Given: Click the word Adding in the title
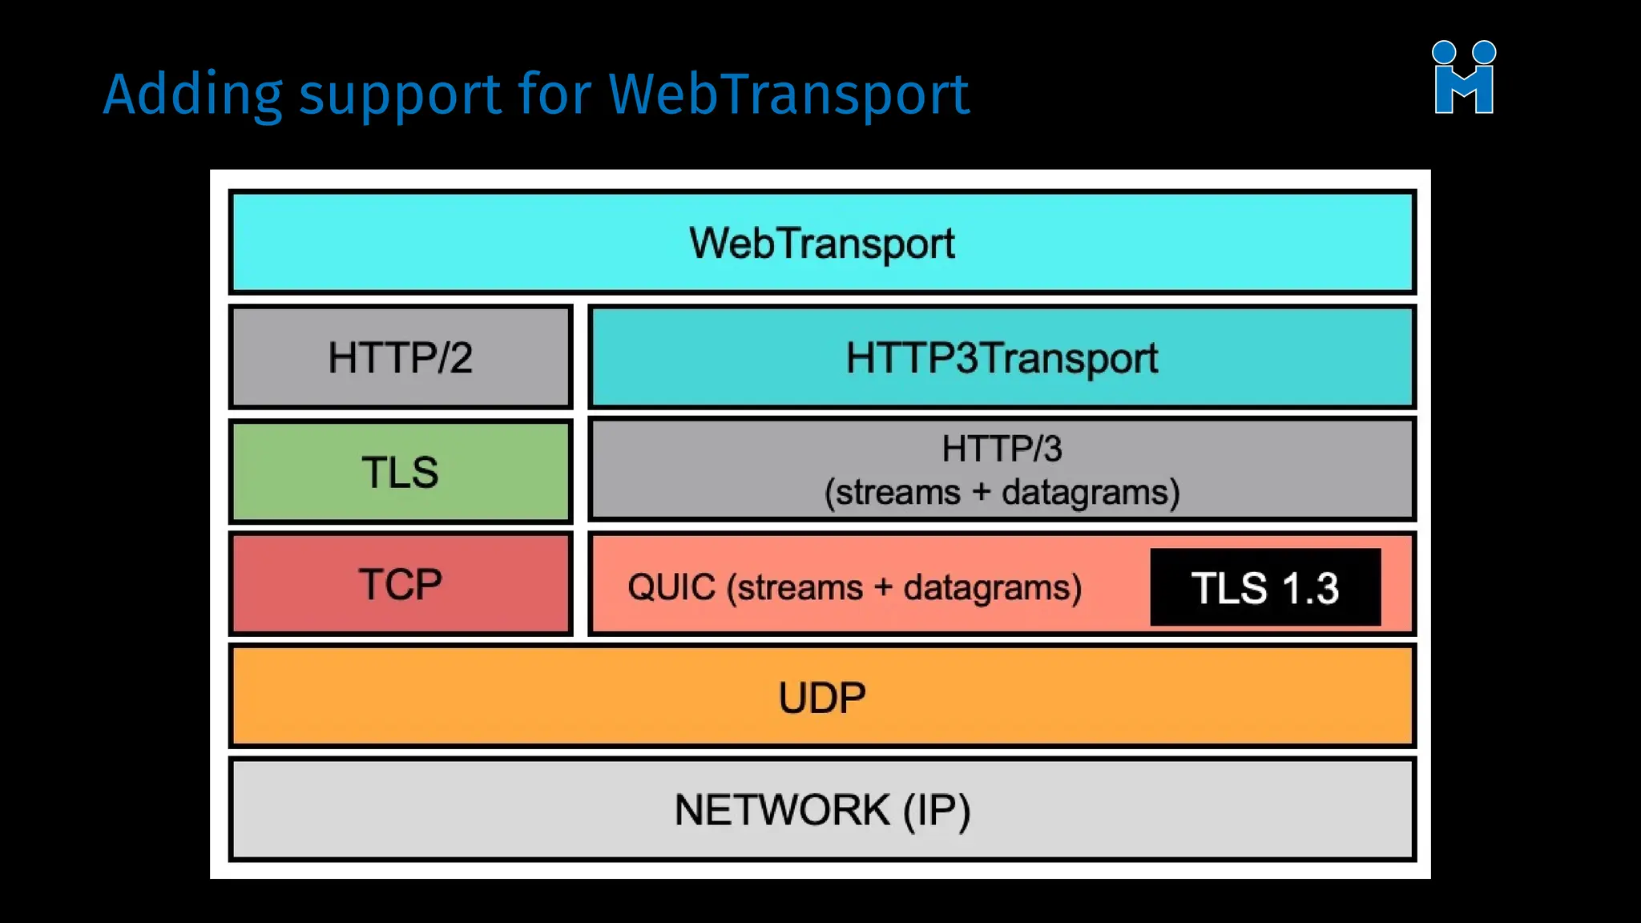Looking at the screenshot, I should pyautogui.click(x=192, y=95).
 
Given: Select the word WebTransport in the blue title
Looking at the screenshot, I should pyautogui.click(x=788, y=94).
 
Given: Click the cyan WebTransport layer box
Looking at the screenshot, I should pyautogui.click(x=822, y=242).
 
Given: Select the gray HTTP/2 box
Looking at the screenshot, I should pyautogui.click(x=400, y=357).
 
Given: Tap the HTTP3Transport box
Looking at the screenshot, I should pyautogui.click(x=1002, y=357).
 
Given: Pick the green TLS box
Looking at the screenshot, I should pyautogui.click(x=400, y=472).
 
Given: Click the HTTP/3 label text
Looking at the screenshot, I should pyautogui.click(x=1002, y=449).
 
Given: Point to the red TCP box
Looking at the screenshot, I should pyautogui.click(x=400, y=584).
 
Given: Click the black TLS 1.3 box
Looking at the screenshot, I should pyautogui.click(x=1264, y=587).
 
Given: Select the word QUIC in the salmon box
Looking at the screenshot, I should pyautogui.click(x=671, y=587).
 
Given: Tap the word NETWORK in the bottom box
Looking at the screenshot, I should pyautogui.click(x=781, y=810).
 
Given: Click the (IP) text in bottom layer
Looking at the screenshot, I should pyautogui.click(x=937, y=810).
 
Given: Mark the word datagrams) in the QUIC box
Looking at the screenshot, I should pyautogui.click(x=993, y=587).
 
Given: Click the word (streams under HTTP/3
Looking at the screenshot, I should pyautogui.click(x=892, y=492).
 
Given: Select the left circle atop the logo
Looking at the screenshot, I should pyautogui.click(x=1443, y=52).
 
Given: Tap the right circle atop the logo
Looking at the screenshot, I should pyautogui.click(x=1485, y=52).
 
